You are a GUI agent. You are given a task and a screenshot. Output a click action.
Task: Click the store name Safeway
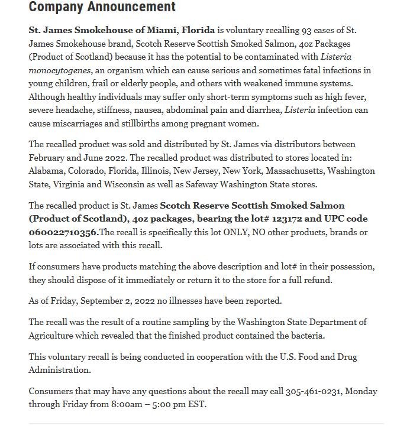[201, 184]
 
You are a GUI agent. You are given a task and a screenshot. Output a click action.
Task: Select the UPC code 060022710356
[63, 233]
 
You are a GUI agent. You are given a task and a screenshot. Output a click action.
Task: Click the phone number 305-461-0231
[313, 392]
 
